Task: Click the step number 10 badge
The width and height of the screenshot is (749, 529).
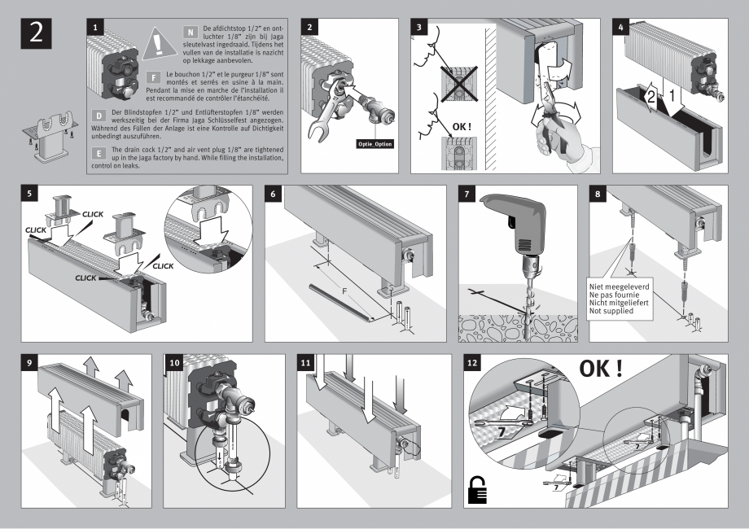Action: pos(174,364)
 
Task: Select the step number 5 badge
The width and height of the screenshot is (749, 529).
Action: pos(29,195)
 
